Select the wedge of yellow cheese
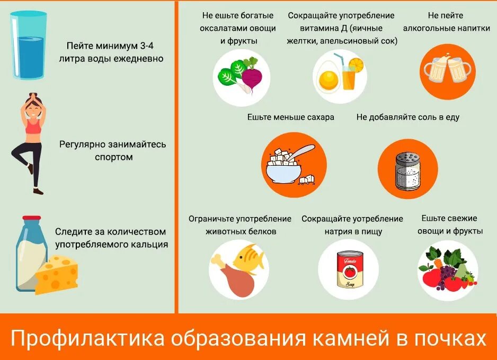56,274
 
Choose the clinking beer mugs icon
448,71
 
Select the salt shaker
407,170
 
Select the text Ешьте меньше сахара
290,117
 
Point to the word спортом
114,157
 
